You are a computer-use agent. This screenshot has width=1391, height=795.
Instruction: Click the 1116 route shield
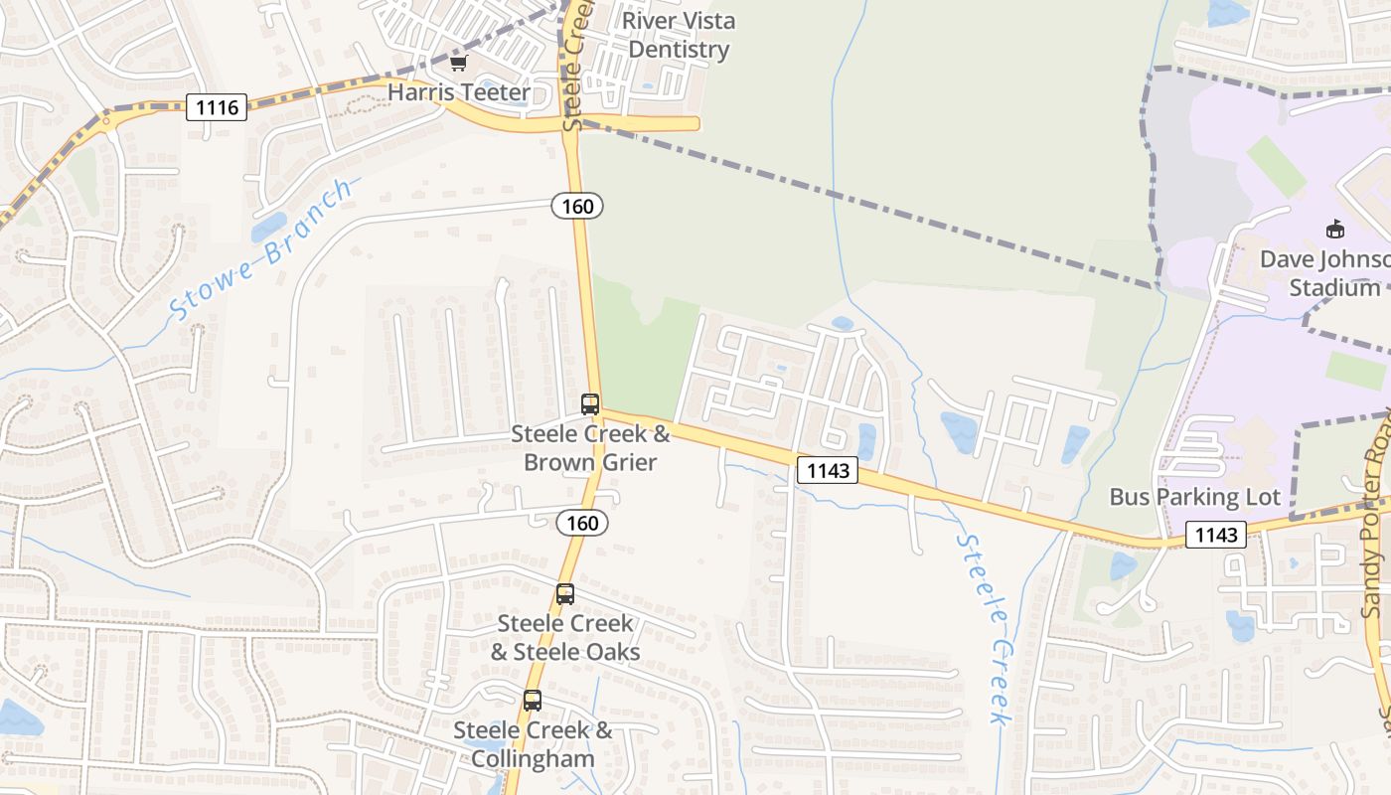217,107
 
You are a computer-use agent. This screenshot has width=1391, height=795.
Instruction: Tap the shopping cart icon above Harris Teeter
458,64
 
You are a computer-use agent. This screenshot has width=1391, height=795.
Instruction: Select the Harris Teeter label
458,92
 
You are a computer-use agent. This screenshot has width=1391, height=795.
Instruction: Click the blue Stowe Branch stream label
260,249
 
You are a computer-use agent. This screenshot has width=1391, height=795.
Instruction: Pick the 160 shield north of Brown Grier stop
577,206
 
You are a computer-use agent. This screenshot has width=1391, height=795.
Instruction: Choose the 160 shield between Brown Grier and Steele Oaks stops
582,523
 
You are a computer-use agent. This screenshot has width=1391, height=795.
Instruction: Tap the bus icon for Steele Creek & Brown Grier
590,404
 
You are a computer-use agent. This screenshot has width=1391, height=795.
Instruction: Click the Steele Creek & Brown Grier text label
590,448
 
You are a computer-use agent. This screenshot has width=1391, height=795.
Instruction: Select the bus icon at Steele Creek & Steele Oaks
565,594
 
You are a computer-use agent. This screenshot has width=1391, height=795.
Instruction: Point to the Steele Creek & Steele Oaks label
565,637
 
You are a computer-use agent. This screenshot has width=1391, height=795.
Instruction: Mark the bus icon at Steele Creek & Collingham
533,701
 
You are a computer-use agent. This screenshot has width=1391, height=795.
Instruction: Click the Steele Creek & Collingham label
533,744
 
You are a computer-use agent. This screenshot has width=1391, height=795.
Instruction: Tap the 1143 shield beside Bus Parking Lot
1216,536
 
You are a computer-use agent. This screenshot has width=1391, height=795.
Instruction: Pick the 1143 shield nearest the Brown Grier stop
828,470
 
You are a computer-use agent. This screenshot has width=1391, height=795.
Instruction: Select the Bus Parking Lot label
1194,497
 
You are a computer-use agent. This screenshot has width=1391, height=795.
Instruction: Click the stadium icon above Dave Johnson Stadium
1335,230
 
